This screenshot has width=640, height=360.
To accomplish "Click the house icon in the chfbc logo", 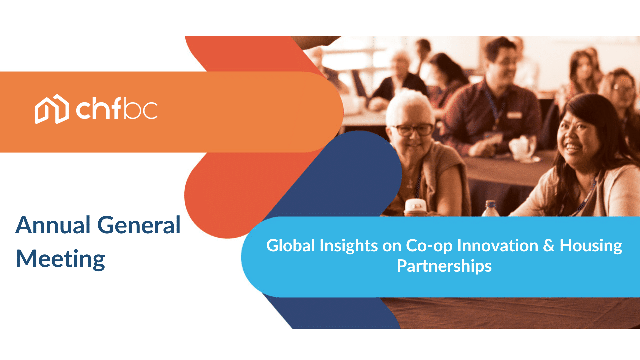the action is (x=52, y=109).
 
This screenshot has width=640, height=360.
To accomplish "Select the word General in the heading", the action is (x=139, y=225).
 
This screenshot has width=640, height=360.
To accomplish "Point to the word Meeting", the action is (x=61, y=259).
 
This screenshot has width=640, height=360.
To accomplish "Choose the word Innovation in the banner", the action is (x=498, y=246).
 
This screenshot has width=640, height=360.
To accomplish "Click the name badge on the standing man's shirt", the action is (x=514, y=115).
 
